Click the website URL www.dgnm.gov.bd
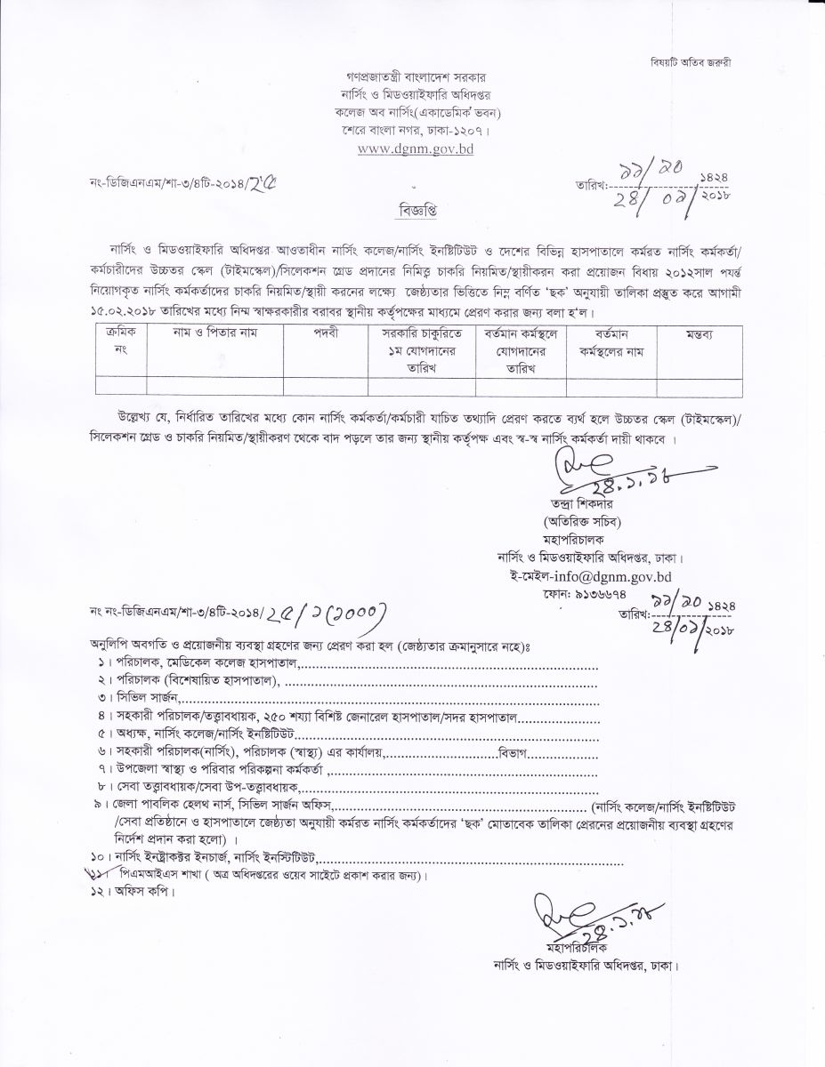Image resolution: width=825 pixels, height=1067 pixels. click(415, 148)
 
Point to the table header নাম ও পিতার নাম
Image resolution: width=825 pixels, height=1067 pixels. click(209, 332)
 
